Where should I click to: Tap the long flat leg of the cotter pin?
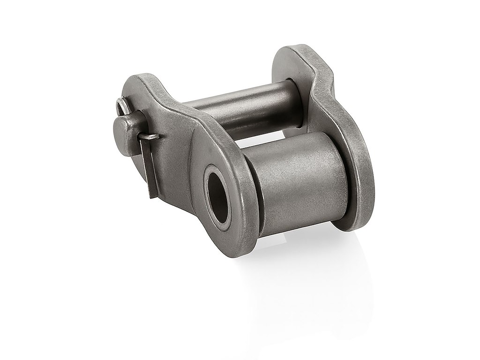pyautogui.click(x=149, y=164)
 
